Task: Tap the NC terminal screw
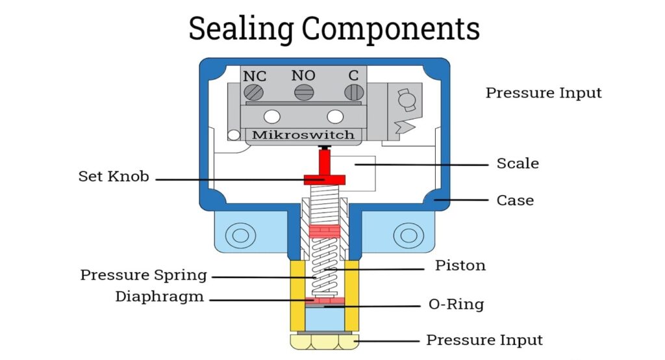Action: click(x=254, y=93)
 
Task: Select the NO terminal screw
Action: click(x=303, y=93)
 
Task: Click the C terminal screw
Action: click(x=353, y=93)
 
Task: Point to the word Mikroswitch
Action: click(x=303, y=135)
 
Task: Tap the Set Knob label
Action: click(x=114, y=176)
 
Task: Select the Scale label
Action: click(x=518, y=163)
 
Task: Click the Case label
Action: click(x=515, y=200)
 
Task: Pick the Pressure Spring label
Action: click(x=144, y=275)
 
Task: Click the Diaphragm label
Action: click(x=160, y=297)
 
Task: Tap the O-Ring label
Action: click(x=456, y=304)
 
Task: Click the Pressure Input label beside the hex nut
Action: click(x=484, y=340)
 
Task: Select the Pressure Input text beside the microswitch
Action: click(x=544, y=93)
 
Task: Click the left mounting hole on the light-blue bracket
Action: click(x=240, y=235)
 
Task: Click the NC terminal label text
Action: click(x=255, y=76)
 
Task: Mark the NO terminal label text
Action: click(x=303, y=75)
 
